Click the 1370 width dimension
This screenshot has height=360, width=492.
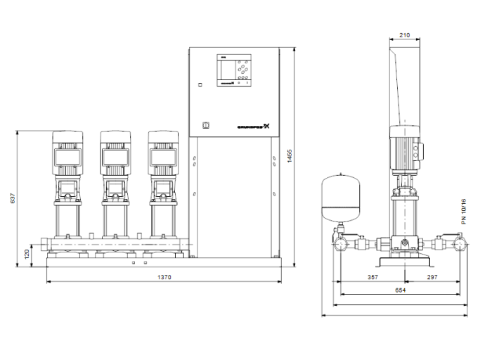pyautogui.click(x=164, y=277)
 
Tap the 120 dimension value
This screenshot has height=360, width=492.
pyautogui.click(x=27, y=252)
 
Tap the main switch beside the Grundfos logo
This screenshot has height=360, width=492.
pyautogui.click(x=205, y=127)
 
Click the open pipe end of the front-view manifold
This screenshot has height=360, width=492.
pyautogui.click(x=44, y=246)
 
